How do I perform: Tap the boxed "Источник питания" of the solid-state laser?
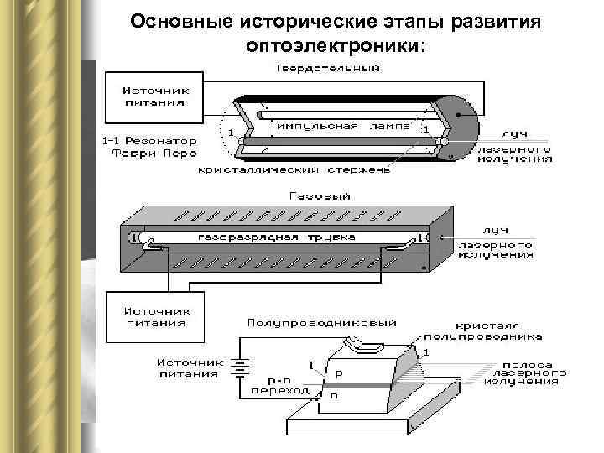(x=155, y=96)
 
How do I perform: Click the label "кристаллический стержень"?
(x=294, y=170)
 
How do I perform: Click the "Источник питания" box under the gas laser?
(x=155, y=315)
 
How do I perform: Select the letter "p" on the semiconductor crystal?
(x=338, y=372)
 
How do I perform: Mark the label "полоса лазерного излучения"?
(x=524, y=372)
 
